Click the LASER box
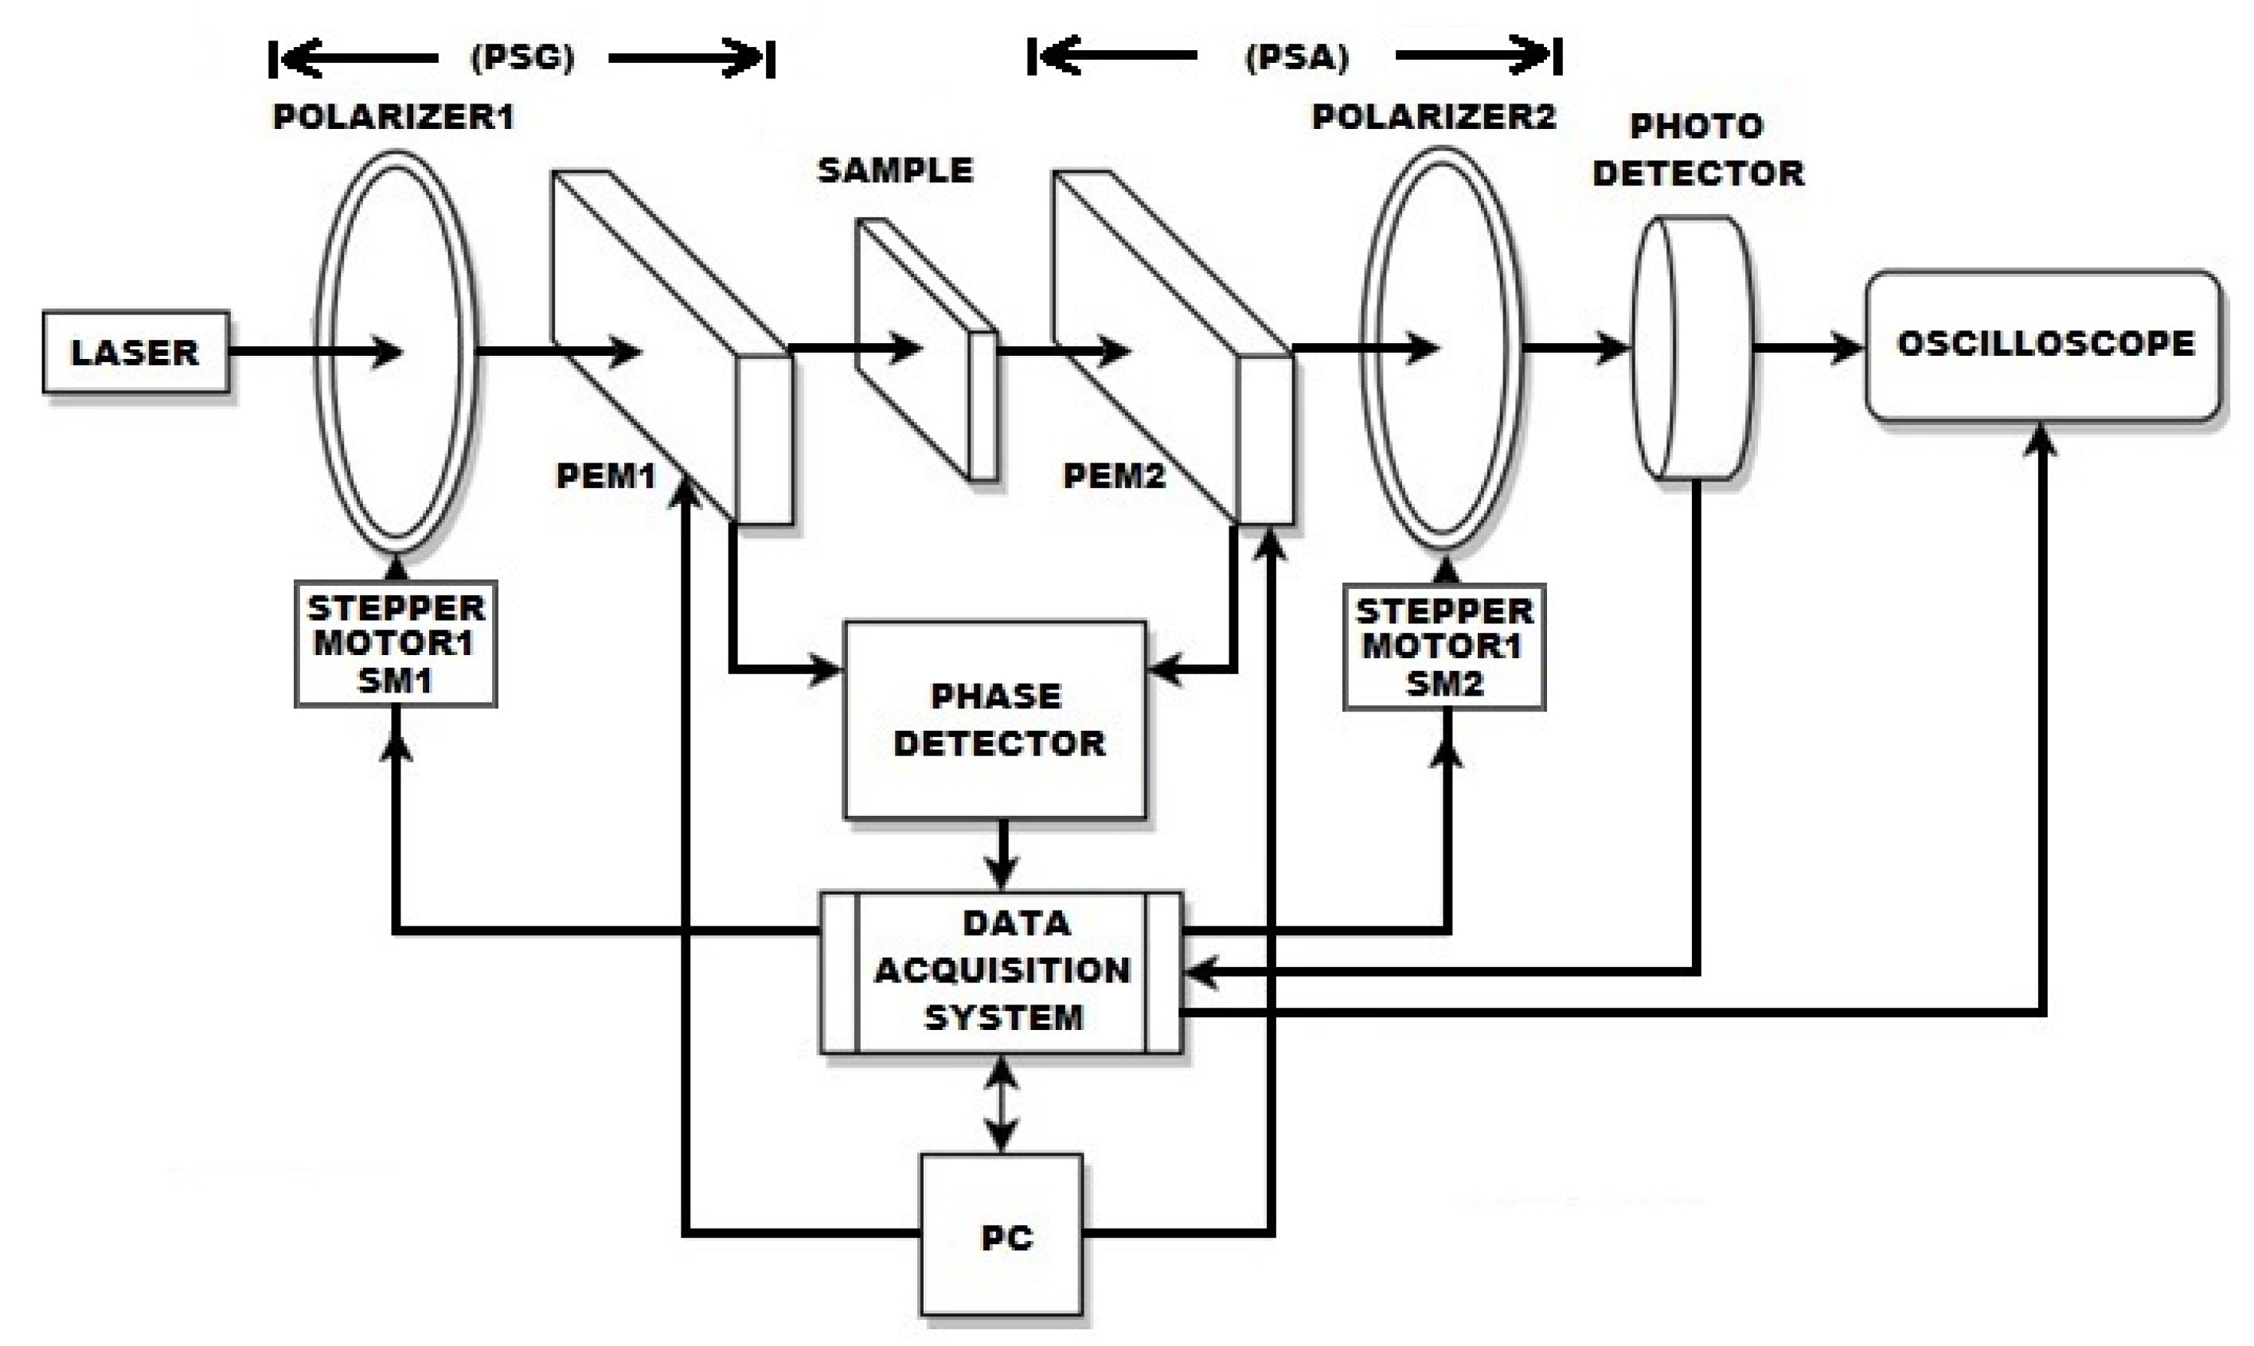[135, 352]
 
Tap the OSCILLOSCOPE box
[2044, 345]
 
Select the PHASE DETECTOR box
[995, 720]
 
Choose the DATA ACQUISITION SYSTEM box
[1002, 971]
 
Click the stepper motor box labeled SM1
[396, 643]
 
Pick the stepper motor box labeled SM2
[1444, 646]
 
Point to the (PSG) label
[522, 58]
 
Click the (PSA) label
[1297, 58]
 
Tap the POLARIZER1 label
[393, 117]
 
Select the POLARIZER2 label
[1433, 117]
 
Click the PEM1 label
[605, 475]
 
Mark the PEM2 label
[1113, 475]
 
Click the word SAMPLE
[895, 170]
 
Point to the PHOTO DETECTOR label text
[1697, 150]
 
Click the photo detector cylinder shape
[1693, 347]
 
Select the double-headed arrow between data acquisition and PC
[1002, 1104]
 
